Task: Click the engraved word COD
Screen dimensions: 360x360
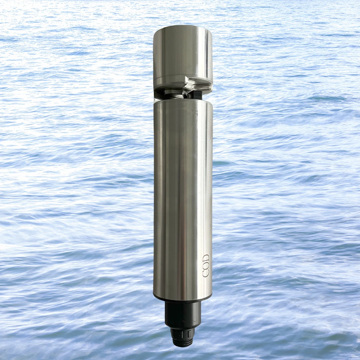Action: [x=206, y=265]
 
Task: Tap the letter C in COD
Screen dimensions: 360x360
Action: [x=206, y=274]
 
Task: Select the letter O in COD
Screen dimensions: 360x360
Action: [x=206, y=266]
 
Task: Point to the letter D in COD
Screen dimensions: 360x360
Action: [x=206, y=258]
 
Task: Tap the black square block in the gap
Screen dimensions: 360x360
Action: [x=195, y=95]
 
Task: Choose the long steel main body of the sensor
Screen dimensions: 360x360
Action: [x=183, y=200]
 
